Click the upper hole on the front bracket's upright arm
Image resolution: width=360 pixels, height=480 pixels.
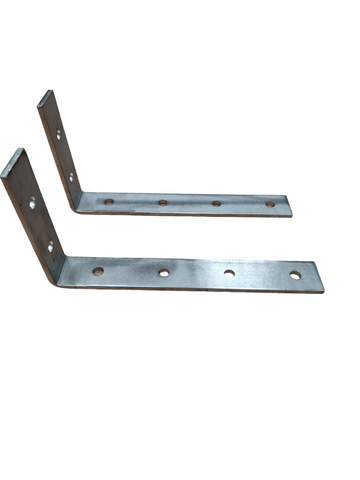[x=33, y=204]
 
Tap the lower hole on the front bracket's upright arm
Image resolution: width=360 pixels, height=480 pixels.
[x=50, y=245]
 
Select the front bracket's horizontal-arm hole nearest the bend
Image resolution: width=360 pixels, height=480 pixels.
[x=98, y=270]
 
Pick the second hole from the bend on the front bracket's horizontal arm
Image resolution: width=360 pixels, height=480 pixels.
[x=163, y=272]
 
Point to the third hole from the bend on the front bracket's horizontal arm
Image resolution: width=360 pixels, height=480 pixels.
[x=229, y=273]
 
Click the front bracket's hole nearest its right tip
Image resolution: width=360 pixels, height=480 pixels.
[x=295, y=275]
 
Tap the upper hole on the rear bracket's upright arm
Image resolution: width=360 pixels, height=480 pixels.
[x=58, y=133]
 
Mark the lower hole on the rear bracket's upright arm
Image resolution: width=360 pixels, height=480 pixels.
[x=71, y=177]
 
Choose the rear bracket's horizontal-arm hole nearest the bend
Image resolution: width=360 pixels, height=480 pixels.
[x=109, y=200]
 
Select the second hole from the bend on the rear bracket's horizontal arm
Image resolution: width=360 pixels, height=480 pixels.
[x=162, y=202]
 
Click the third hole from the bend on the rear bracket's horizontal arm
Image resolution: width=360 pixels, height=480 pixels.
[x=217, y=203]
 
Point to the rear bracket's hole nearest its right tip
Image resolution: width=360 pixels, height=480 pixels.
[x=270, y=204]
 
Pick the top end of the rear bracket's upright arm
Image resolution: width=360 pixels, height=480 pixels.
[x=45, y=95]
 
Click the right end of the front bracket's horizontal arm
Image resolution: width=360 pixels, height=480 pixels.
[x=319, y=276]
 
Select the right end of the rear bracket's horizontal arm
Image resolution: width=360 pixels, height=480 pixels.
[x=288, y=206]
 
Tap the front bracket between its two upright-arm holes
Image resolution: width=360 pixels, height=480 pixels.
[x=41, y=225]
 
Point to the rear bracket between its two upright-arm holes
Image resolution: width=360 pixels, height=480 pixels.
[x=64, y=155]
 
